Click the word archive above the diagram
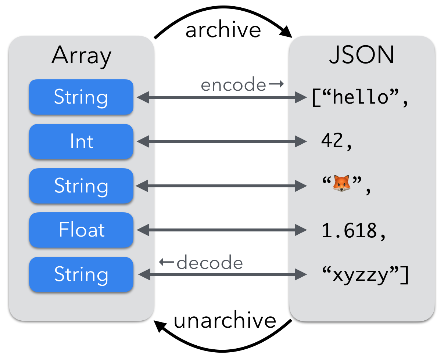click(x=223, y=30)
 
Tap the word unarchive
click(x=225, y=320)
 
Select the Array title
click(x=81, y=56)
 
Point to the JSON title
click(x=362, y=56)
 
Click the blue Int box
click(x=81, y=142)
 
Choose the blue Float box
click(x=81, y=230)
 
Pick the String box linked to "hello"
click(x=81, y=97)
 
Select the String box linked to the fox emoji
click(x=81, y=186)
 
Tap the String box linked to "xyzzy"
click(x=81, y=274)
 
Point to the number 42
click(x=332, y=141)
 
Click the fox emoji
click(x=341, y=183)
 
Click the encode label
click(x=233, y=85)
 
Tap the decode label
click(x=210, y=263)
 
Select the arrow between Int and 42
click(x=222, y=141)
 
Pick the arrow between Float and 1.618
click(x=222, y=230)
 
